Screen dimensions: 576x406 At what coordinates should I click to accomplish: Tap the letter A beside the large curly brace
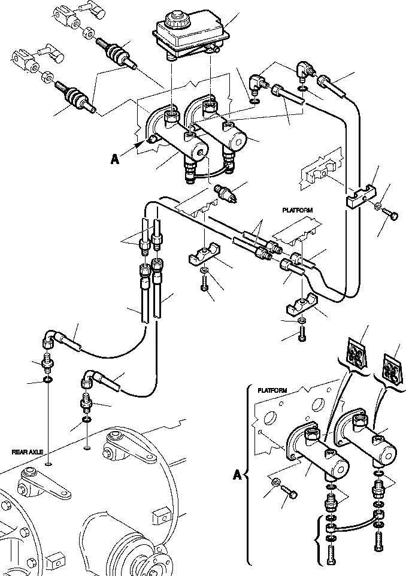(238, 476)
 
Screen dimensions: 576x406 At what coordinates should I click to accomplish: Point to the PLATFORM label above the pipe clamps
(298, 211)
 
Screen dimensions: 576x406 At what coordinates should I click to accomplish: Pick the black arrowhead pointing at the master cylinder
(141, 144)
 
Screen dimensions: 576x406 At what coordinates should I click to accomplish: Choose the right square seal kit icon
(393, 366)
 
